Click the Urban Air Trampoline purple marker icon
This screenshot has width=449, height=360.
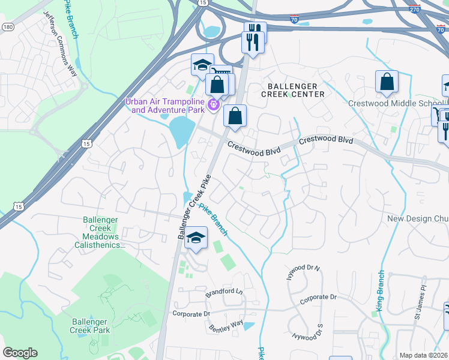212,106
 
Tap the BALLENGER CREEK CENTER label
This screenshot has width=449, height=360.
293,90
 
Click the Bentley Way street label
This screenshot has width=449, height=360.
226,327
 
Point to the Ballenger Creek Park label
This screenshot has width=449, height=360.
89,326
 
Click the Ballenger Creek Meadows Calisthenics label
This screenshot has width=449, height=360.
100,232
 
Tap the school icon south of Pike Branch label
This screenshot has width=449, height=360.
195,238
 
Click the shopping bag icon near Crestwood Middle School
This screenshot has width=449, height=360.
387,83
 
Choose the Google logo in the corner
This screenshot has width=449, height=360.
20,353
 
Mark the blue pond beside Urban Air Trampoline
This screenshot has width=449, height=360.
181,131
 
